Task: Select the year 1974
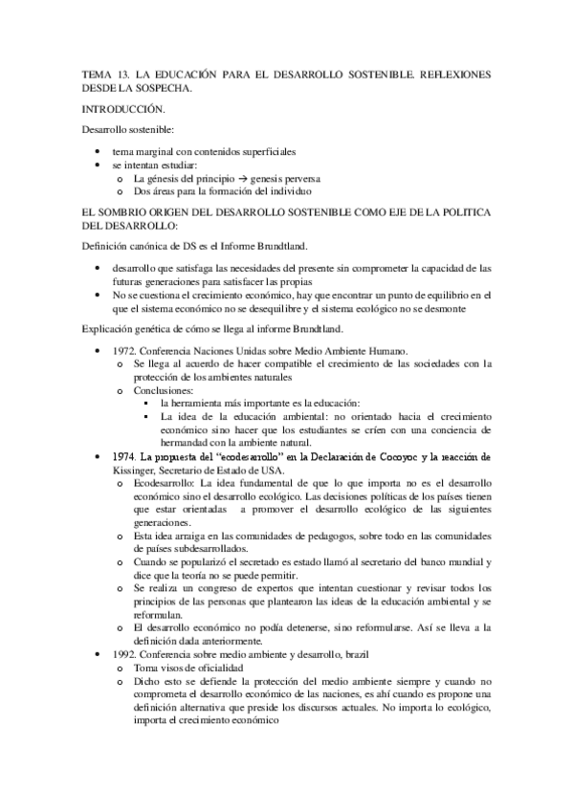tap(124, 458)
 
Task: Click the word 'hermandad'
tap(192, 445)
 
